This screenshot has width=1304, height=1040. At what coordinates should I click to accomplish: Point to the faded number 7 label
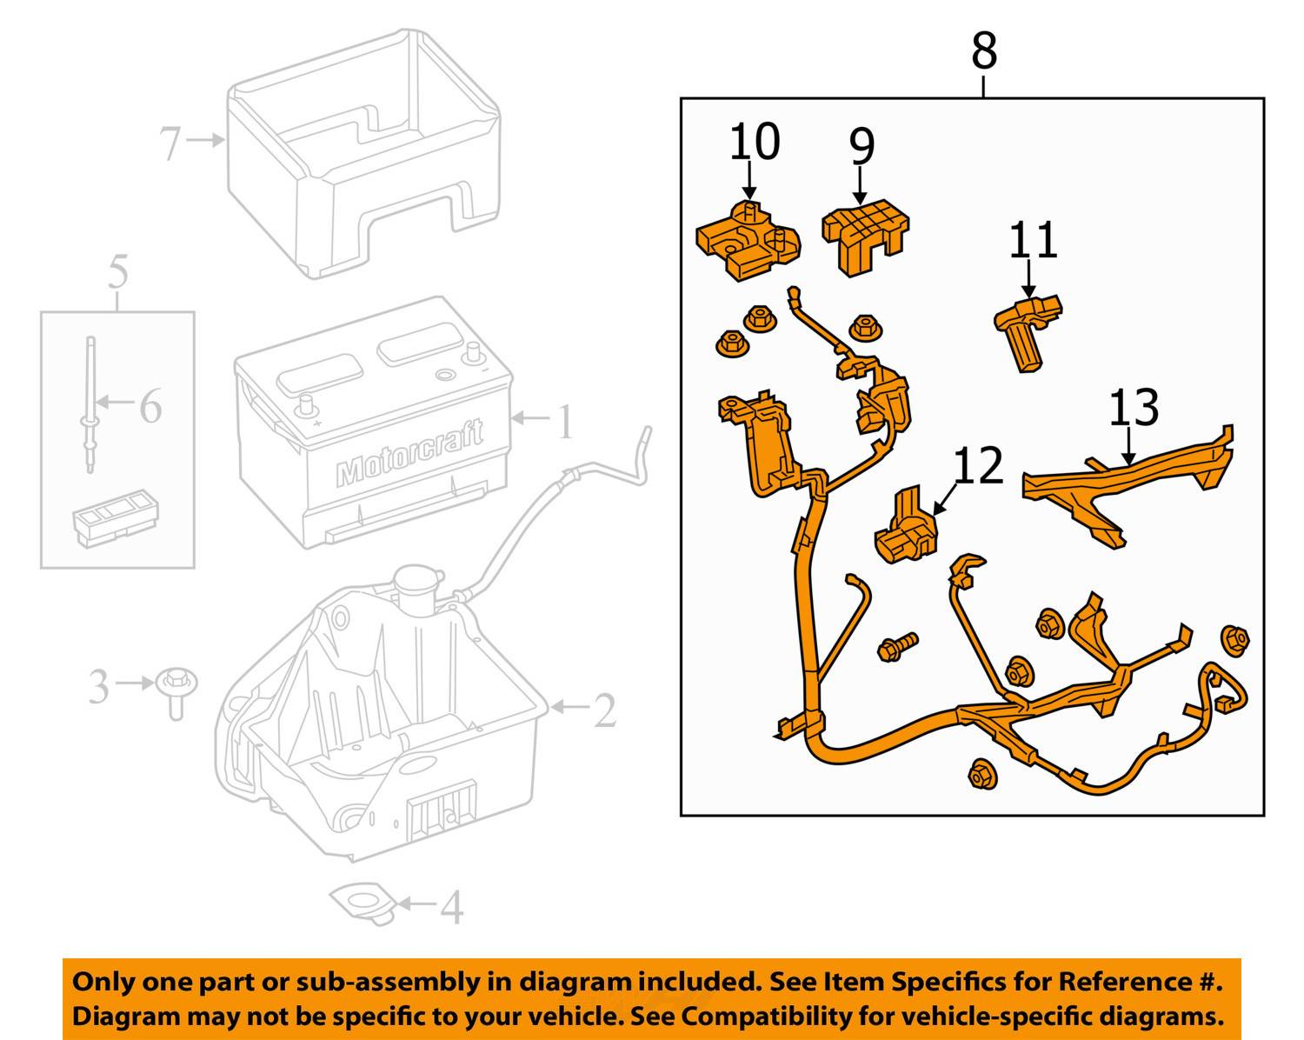[170, 143]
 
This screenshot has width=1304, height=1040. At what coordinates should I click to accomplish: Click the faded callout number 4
[451, 908]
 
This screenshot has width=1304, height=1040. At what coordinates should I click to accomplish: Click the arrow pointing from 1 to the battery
[531, 419]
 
